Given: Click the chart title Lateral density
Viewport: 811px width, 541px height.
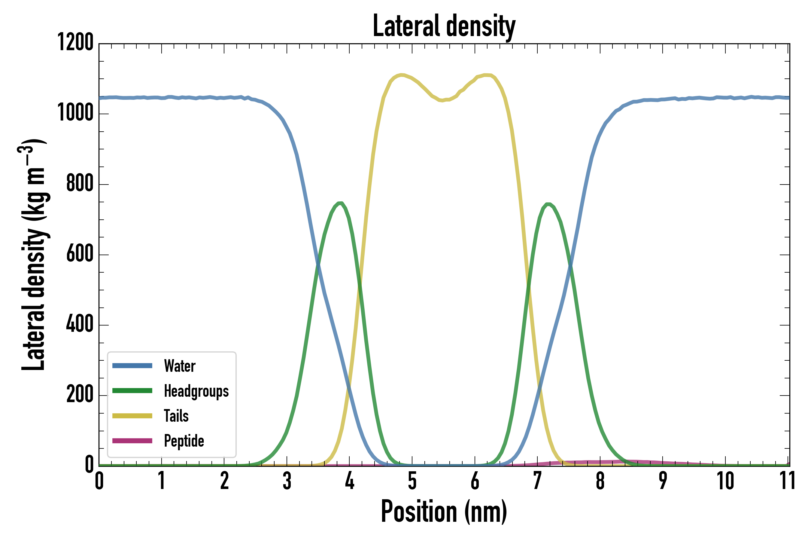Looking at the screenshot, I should (x=444, y=26).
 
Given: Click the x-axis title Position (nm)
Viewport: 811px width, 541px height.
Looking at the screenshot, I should (x=444, y=511).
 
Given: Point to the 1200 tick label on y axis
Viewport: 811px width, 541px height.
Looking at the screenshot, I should (x=75, y=43).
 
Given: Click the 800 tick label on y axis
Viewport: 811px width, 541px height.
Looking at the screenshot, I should (x=80, y=184).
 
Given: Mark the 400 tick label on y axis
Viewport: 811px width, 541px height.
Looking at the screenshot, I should (x=80, y=324).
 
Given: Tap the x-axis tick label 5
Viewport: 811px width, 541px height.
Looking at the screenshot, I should (x=412, y=481).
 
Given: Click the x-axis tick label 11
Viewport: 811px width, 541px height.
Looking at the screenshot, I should (x=788, y=481).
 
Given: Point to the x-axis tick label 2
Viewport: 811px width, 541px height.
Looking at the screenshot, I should (x=224, y=481).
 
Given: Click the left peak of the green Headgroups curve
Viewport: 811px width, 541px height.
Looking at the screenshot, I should (x=340, y=203).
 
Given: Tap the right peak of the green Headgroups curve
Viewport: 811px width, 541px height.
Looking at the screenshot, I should (x=548, y=204).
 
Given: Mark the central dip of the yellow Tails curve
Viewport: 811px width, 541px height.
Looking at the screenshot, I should (x=443, y=100).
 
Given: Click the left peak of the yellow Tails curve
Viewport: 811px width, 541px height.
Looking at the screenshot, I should (x=401, y=75).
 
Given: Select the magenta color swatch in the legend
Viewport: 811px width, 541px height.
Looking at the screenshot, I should (x=132, y=441).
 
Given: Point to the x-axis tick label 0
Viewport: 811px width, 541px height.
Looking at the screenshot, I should (x=99, y=481).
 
